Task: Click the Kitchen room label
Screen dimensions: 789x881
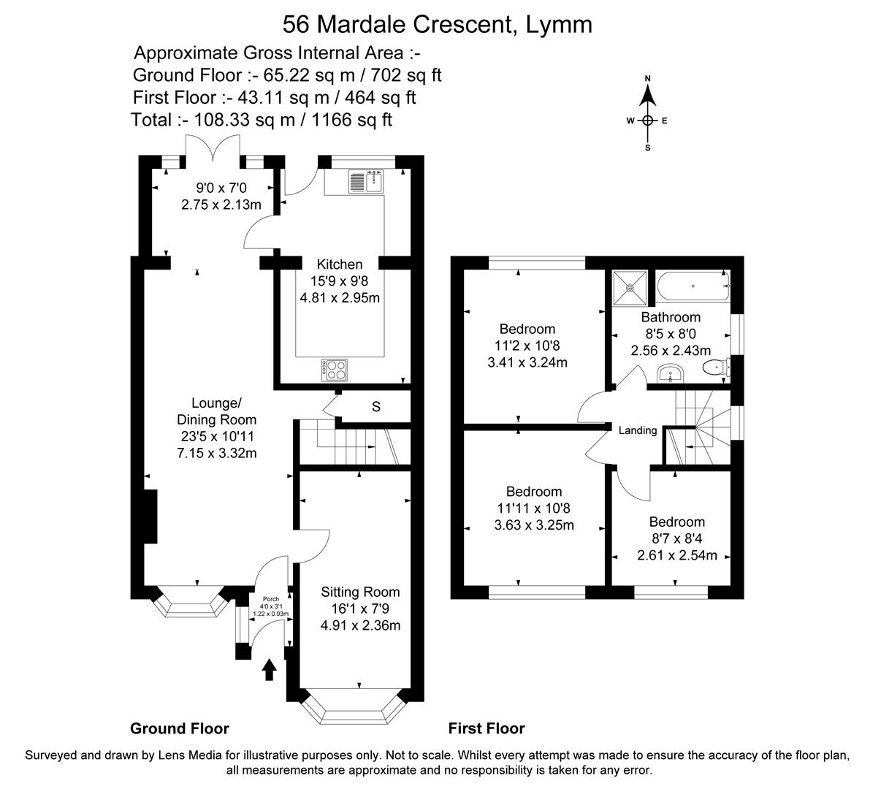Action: tap(339, 264)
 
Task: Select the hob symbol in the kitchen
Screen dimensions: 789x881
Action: tap(335, 370)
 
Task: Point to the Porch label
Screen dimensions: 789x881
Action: tap(270, 599)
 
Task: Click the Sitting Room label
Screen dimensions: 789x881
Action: tap(360, 592)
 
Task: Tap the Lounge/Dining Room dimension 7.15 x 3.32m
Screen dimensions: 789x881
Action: tap(216, 453)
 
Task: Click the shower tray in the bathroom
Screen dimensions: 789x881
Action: tap(630, 288)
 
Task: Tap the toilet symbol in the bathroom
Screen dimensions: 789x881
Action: tap(714, 367)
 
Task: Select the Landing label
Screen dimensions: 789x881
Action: tap(638, 430)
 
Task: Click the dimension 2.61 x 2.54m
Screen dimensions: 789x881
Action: tap(677, 555)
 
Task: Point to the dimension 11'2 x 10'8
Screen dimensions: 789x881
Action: tap(527, 346)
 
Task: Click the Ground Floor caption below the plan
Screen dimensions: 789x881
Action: tap(180, 728)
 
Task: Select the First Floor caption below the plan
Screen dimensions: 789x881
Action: tap(487, 728)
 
